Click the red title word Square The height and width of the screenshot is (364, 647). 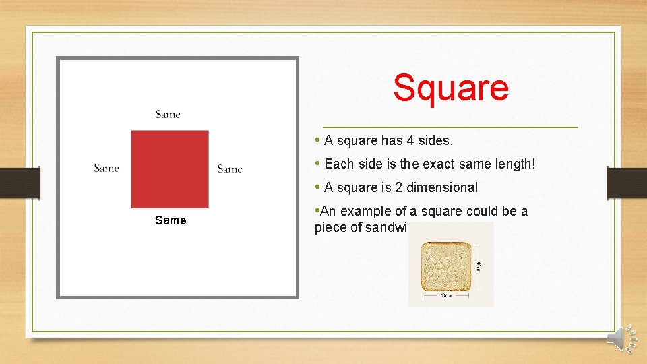[x=450, y=88]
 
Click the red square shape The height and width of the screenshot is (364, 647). [x=170, y=169]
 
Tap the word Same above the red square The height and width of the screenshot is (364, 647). [x=168, y=115]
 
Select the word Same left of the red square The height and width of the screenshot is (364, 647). [x=106, y=169]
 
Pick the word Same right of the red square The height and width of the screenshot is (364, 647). [x=230, y=169]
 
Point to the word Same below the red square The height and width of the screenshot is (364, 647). [x=171, y=220]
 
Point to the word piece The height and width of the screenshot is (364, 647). [x=329, y=228]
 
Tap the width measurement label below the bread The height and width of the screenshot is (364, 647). [x=445, y=295]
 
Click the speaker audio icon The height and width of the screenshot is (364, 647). [x=621, y=339]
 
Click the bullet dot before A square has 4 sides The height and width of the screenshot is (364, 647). [x=317, y=140]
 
